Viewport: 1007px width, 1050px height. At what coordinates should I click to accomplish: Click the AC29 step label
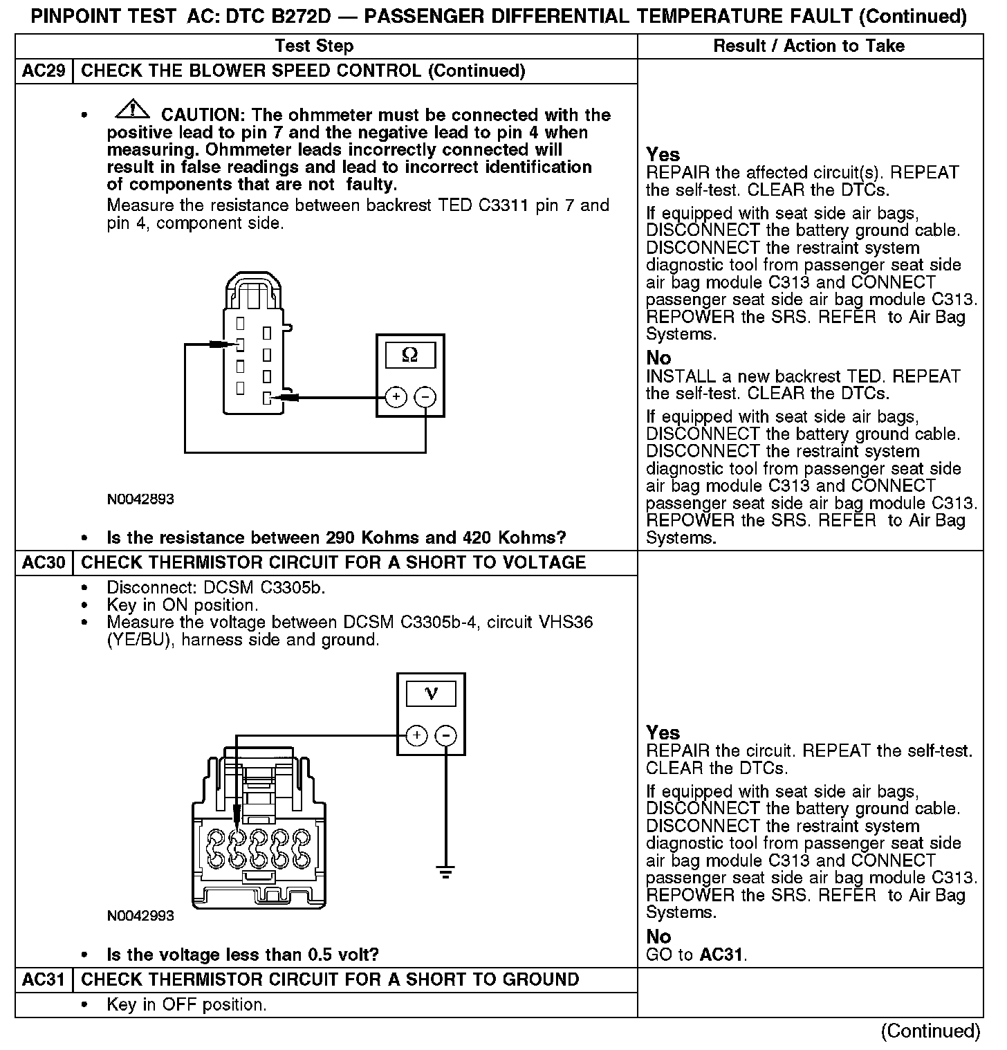(44, 71)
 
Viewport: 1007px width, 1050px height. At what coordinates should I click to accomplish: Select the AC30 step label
(44, 562)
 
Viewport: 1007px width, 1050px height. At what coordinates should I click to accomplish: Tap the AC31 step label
(44, 980)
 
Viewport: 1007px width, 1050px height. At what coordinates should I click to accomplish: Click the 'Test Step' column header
(314, 46)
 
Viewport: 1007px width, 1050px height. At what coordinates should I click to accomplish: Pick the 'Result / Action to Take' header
(809, 46)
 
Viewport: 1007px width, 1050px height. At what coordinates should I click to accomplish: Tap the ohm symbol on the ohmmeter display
(409, 355)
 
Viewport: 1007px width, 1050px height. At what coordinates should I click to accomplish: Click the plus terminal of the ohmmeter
(396, 397)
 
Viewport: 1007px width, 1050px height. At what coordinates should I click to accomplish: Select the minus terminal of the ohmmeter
(425, 397)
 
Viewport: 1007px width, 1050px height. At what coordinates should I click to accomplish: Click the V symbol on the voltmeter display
(431, 693)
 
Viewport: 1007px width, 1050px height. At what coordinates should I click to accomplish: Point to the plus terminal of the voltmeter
(416, 735)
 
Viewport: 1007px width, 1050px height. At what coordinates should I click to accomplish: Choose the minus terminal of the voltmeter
(446, 735)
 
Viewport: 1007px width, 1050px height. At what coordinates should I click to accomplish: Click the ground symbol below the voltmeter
(446, 871)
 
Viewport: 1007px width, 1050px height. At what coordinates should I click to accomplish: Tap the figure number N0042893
(140, 499)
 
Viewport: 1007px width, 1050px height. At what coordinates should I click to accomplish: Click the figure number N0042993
(140, 916)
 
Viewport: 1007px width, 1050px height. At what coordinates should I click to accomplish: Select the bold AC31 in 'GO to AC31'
(721, 955)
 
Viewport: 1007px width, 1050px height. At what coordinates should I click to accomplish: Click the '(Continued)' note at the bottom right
(930, 1031)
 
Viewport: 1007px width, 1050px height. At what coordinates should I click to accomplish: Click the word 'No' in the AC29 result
(658, 358)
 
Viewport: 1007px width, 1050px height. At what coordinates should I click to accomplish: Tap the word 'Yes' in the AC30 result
(663, 733)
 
